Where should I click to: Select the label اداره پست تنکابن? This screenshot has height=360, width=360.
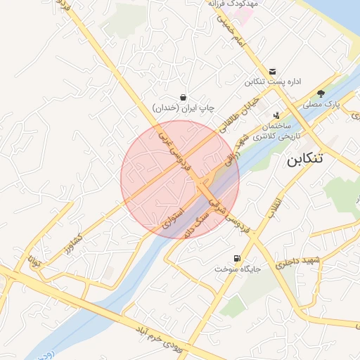tap(273, 82)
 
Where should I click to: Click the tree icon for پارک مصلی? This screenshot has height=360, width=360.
tap(321, 94)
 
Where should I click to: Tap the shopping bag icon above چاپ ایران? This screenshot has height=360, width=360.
tap(184, 97)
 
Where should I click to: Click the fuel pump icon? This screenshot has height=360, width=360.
tap(236, 259)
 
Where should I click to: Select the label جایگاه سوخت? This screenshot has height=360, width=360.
tap(236, 269)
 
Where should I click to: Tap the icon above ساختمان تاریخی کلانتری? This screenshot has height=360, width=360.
tap(276, 114)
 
